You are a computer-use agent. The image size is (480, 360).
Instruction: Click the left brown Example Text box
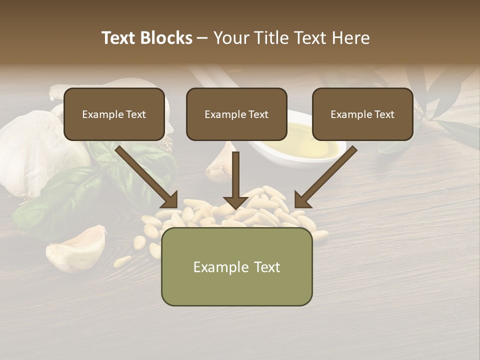pos(114,114)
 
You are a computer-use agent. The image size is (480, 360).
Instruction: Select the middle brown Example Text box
pos(236,114)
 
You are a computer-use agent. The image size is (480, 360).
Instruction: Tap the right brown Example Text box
pos(362,114)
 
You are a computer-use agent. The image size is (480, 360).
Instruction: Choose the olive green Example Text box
pos(236,266)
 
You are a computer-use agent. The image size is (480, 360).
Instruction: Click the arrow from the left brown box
pos(147,177)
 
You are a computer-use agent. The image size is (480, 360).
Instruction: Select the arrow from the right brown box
pos(325,177)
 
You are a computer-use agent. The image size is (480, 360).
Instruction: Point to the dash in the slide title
pos(202,38)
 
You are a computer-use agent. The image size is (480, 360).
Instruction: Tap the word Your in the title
pos(230,38)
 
